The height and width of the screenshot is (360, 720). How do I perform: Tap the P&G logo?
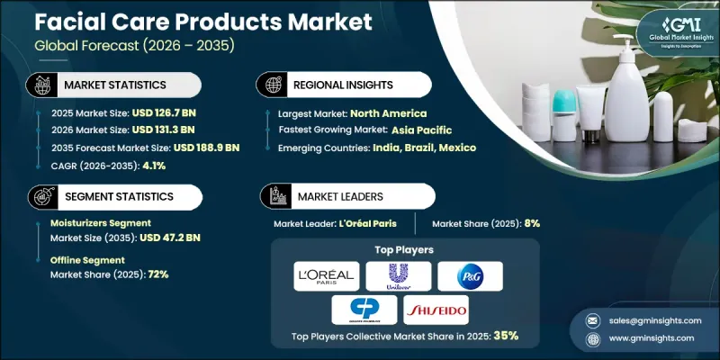(470, 275)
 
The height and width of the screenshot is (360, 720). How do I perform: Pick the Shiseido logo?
(437, 309)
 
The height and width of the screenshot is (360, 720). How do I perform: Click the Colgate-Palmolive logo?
(364, 309)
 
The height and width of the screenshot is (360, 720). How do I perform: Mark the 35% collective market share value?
(504, 336)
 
